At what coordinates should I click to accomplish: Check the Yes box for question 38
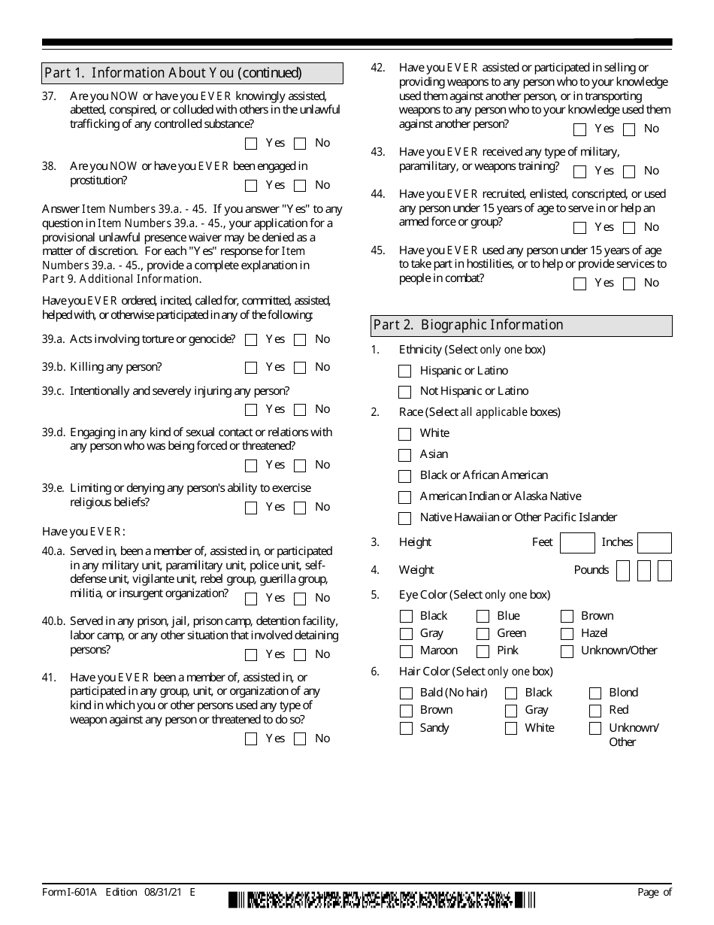pyautogui.click(x=251, y=186)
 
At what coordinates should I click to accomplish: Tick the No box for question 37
pyautogui.click(x=300, y=144)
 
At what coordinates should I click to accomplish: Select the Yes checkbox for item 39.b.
pyautogui.click(x=251, y=368)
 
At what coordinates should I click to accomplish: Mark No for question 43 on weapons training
pyautogui.click(x=629, y=171)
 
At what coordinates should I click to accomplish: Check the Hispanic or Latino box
pyautogui.click(x=405, y=372)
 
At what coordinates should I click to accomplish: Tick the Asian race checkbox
pyautogui.click(x=405, y=455)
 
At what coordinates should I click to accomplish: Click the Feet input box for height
pyautogui.click(x=577, y=543)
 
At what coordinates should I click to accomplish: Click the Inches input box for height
pyautogui.click(x=654, y=543)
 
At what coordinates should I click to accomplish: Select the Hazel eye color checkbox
pyautogui.click(x=567, y=634)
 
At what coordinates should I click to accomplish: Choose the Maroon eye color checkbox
pyautogui.click(x=406, y=651)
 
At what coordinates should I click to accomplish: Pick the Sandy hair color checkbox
pyautogui.click(x=406, y=729)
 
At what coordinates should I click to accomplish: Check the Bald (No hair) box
pyautogui.click(x=406, y=693)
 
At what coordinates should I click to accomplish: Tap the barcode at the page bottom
pyautogui.click(x=382, y=899)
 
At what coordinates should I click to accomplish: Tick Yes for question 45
pyautogui.click(x=579, y=284)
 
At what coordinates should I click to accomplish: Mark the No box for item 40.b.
pyautogui.click(x=300, y=655)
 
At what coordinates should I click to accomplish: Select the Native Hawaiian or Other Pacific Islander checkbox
pyautogui.click(x=405, y=518)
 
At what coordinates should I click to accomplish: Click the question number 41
pyautogui.click(x=49, y=678)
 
